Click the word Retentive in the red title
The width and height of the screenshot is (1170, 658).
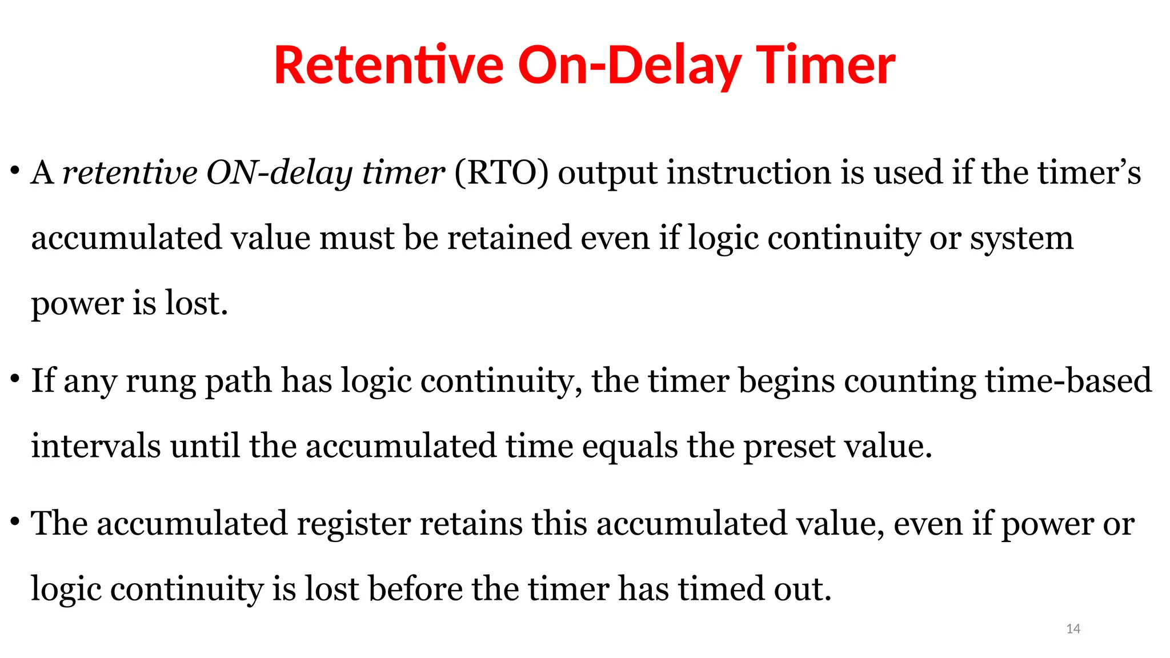388,66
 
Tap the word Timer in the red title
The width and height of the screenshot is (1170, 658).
825,66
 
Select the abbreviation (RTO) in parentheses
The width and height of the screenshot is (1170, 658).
501,172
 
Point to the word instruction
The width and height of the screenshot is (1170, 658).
749,172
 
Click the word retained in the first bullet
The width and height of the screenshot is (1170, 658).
509,238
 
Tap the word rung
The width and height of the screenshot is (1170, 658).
161,382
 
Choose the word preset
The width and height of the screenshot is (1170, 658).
789,447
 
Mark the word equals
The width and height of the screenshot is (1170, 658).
630,447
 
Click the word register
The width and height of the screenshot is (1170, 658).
353,524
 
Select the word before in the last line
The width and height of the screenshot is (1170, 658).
415,589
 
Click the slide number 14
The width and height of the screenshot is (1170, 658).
1073,629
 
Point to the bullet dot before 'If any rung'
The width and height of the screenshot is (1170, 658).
15,379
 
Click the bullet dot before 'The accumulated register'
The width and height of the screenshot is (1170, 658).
15,521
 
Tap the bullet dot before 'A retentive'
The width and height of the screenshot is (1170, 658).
15,171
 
